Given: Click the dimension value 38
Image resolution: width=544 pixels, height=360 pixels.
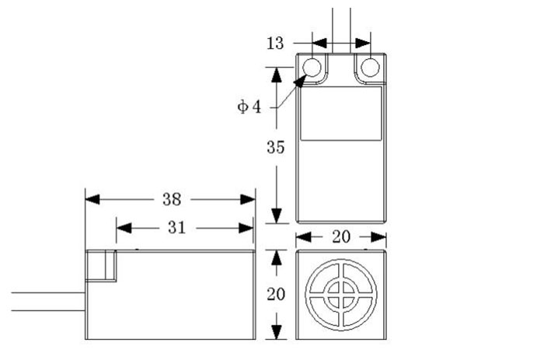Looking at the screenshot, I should (x=172, y=199).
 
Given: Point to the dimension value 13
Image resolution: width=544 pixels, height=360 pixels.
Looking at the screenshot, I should (x=275, y=44).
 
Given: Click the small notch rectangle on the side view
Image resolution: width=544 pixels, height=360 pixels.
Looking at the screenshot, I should (x=100, y=267).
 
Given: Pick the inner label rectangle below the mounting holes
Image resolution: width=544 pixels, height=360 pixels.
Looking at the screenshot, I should (x=340, y=113).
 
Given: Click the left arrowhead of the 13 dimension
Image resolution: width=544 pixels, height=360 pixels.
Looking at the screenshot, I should (x=319, y=44).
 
